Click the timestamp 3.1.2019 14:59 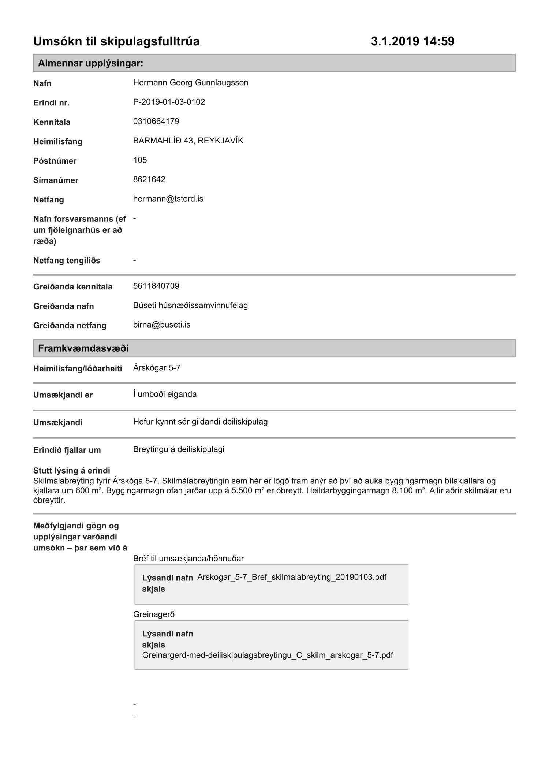pos(412,41)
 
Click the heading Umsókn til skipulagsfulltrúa pos(116,41)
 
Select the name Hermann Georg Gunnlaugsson pos(191,83)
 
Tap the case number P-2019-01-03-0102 pos(169,102)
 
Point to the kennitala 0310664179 pos(156,122)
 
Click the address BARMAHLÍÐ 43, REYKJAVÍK pos(188,141)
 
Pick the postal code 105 pos(140,160)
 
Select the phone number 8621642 pos(149,180)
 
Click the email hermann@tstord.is pos(168,199)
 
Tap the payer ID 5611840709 pos(156,286)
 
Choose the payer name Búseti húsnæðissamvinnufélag pos(190,306)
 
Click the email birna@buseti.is pos(162,325)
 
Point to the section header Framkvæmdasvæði pos(83,348)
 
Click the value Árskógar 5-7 pos(157,368)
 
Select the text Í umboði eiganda pos(165,395)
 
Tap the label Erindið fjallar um pos(67,450)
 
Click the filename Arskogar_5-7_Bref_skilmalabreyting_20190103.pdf pos(292,577)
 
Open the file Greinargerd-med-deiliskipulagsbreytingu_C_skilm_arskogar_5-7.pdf pos(268,655)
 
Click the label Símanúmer pos(56,180)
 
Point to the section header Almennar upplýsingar pos(91,63)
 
